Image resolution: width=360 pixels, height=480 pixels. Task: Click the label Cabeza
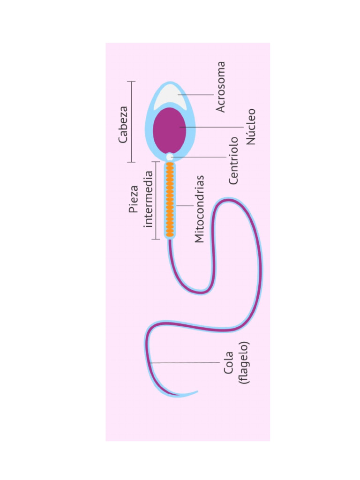(123, 125)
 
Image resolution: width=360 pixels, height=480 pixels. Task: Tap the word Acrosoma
(221, 87)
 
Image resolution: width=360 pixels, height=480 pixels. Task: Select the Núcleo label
(251, 127)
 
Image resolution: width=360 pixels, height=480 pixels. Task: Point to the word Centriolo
(233, 161)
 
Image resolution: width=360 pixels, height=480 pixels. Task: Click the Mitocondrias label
(199, 209)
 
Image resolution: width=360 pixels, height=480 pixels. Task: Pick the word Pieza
(134, 199)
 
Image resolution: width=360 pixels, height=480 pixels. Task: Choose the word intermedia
(148, 199)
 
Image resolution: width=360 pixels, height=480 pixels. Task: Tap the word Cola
(228, 363)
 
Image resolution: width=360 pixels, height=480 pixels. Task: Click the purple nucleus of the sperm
(169, 130)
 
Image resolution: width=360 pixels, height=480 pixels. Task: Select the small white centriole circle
(170, 157)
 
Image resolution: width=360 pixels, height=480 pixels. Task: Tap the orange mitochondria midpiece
(170, 200)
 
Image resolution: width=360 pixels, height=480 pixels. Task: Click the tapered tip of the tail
(197, 391)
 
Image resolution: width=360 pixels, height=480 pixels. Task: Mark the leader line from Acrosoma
(195, 95)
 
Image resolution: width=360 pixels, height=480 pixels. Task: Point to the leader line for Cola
(185, 363)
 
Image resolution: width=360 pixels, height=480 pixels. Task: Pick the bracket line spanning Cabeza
(131, 122)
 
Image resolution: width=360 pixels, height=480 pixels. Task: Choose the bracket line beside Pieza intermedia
(156, 201)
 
